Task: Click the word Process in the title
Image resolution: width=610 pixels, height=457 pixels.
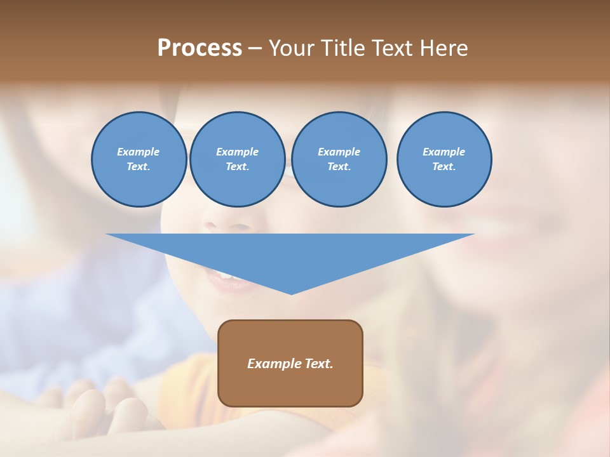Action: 200,48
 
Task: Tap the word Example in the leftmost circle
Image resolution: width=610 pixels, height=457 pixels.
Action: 139,152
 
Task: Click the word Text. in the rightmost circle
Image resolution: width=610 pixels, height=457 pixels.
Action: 444,167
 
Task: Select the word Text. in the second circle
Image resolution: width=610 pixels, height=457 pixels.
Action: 237,167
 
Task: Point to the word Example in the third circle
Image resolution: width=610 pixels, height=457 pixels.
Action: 339,152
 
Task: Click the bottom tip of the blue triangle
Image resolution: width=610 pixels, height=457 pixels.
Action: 291,293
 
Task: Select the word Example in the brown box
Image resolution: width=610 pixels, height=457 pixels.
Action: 274,364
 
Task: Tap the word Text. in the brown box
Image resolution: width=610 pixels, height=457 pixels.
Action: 318,364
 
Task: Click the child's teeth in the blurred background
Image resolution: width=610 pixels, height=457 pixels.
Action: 224,275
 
